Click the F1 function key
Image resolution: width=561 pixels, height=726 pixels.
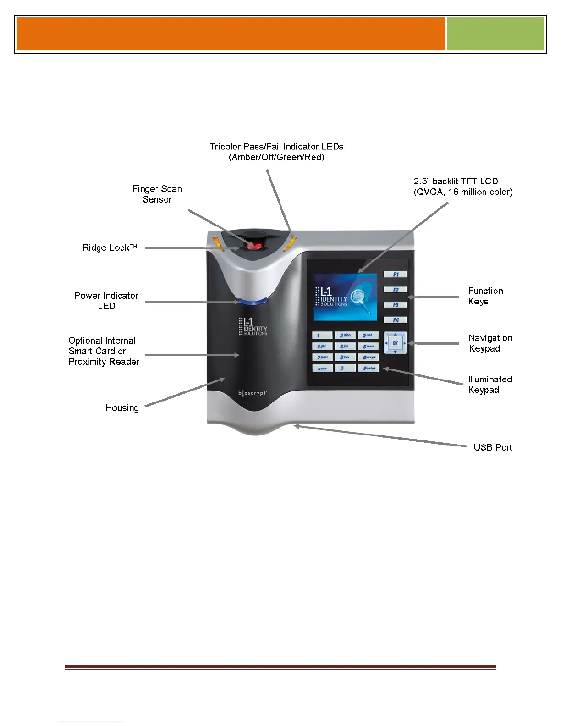[396, 275]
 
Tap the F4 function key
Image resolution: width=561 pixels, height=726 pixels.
[396, 320]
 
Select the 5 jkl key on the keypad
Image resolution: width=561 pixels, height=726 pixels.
[345, 346]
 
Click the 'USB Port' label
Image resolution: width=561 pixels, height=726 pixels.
[493, 447]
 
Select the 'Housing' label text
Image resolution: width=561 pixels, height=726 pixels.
[122, 408]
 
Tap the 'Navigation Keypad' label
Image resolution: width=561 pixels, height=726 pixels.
[490, 343]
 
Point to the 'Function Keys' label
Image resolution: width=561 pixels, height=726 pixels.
[485, 296]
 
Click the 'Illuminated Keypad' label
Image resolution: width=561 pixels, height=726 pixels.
[489, 385]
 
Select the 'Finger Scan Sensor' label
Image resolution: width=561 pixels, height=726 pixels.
[157, 194]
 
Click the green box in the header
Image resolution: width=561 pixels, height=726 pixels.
[495, 34]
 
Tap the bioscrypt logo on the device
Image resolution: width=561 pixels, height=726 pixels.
[253, 393]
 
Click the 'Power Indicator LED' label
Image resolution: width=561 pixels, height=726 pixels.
[106, 301]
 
